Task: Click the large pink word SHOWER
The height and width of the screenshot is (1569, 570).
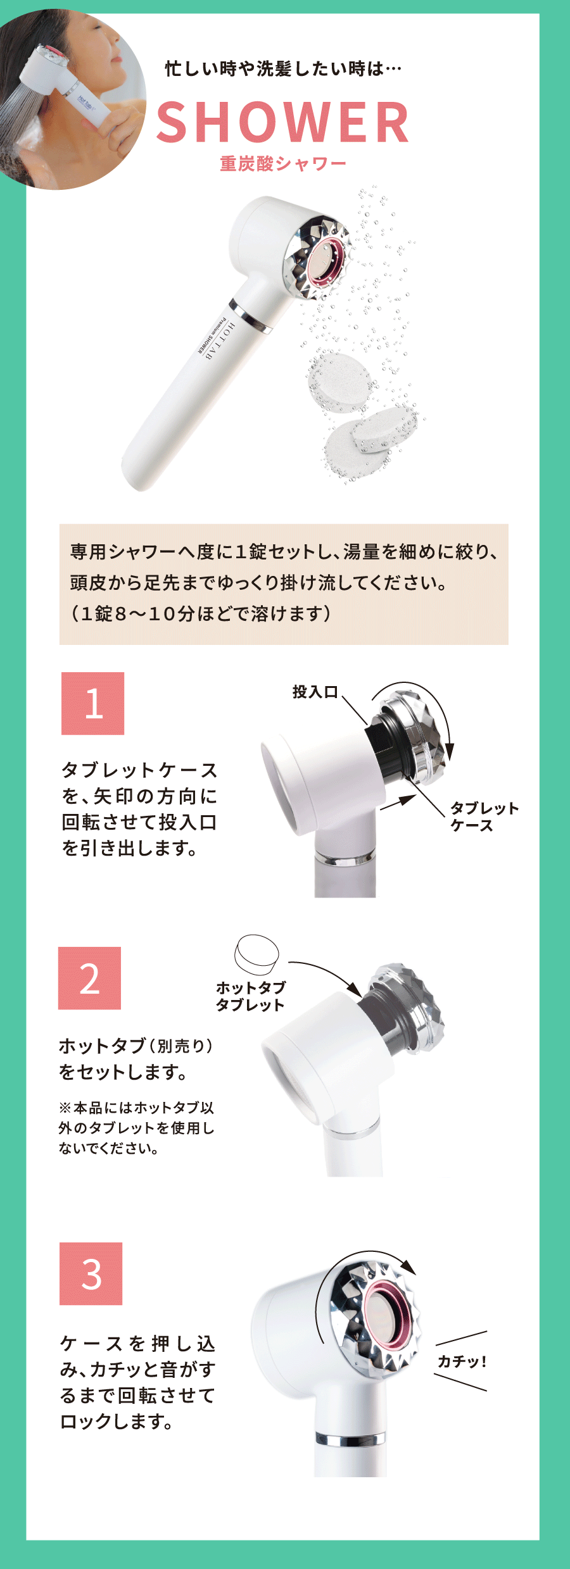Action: click(x=282, y=122)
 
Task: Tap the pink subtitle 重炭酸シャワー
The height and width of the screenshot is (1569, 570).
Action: click(x=283, y=164)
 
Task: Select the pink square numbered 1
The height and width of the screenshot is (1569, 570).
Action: click(x=92, y=703)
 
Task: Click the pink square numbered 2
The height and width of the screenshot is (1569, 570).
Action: click(x=89, y=978)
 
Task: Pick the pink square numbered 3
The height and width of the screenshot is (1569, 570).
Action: click(x=91, y=1273)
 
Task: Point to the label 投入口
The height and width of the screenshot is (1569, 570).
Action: click(x=315, y=692)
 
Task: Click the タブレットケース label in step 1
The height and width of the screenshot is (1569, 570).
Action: click(x=484, y=816)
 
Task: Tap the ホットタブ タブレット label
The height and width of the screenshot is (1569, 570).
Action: click(x=251, y=996)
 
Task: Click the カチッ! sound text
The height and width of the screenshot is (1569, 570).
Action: click(x=462, y=1361)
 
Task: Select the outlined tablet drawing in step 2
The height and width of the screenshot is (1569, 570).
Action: click(x=256, y=954)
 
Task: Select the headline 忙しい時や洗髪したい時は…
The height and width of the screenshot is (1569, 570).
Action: click(x=283, y=68)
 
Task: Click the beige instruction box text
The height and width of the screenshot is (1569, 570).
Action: click(x=284, y=583)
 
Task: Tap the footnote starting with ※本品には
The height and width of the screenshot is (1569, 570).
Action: click(x=136, y=1128)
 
